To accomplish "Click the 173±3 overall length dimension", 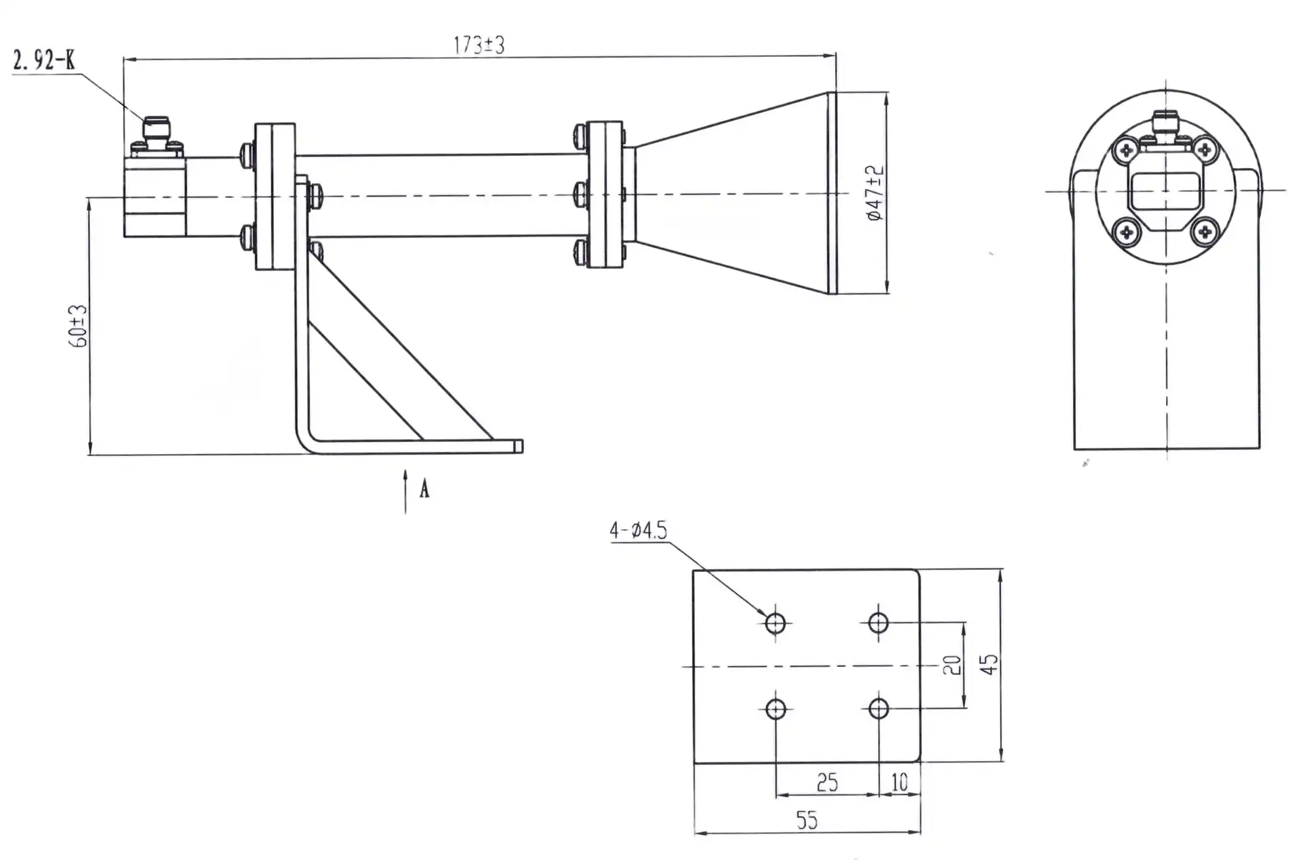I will pos(479,45).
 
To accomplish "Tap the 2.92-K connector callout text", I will pos(44,61).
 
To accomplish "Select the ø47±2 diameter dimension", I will pos(876,192).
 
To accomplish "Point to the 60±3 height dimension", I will pos(79,326).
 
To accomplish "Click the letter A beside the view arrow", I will pos(424,489).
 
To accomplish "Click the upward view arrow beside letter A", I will pos(405,491).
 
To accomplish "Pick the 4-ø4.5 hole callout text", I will pos(638,530).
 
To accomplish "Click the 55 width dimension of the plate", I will pos(807,821).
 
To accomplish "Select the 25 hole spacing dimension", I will pos(826,783).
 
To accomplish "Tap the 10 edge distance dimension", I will pos(899,783).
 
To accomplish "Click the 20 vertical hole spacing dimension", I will pos(952,665).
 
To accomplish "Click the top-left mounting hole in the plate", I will pos(775,622).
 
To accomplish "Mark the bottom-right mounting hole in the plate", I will pos(879,709).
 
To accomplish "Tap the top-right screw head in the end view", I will pos(1205,150).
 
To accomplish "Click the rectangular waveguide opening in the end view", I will pos(1165,190).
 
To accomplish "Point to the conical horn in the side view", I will pos(732,193).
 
